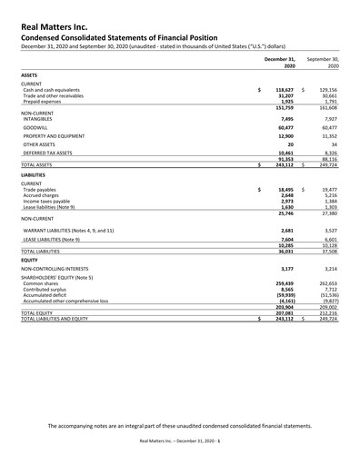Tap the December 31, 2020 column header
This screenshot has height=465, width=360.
(281, 63)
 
